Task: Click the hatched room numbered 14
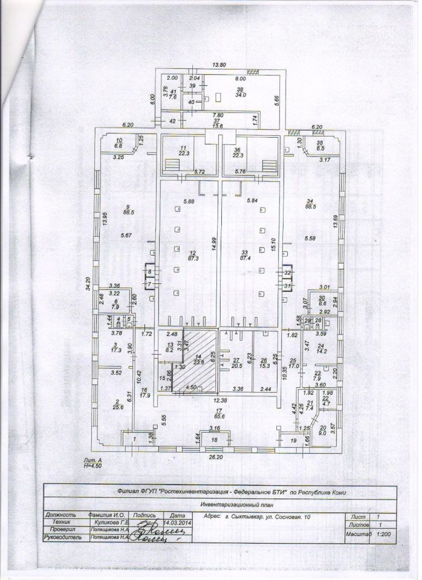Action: tap(195, 361)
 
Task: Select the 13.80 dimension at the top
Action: tap(218, 64)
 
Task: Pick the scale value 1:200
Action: tap(383, 535)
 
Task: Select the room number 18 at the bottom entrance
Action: tap(213, 440)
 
